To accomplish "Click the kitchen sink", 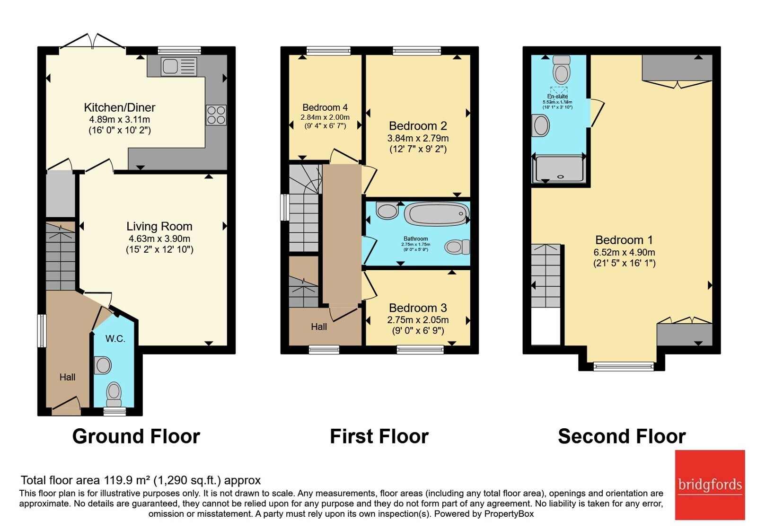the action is [179, 66].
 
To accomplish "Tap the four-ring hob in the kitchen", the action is [216, 115].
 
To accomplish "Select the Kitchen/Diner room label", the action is [120, 107].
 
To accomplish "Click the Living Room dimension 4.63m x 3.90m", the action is [159, 238].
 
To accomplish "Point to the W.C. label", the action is [115, 339].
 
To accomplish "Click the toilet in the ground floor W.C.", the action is [114, 395].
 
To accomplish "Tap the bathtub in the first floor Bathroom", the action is [437, 214].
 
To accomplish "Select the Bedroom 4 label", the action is [325, 107].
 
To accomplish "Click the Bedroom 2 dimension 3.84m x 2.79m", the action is [418, 138].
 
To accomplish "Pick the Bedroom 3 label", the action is [418, 308].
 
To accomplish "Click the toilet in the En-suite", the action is [561, 70].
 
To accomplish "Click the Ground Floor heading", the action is [136, 436].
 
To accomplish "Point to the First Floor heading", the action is [379, 436].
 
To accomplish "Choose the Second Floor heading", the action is [622, 436].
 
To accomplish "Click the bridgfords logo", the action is [710, 485].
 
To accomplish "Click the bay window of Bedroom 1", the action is [624, 366].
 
